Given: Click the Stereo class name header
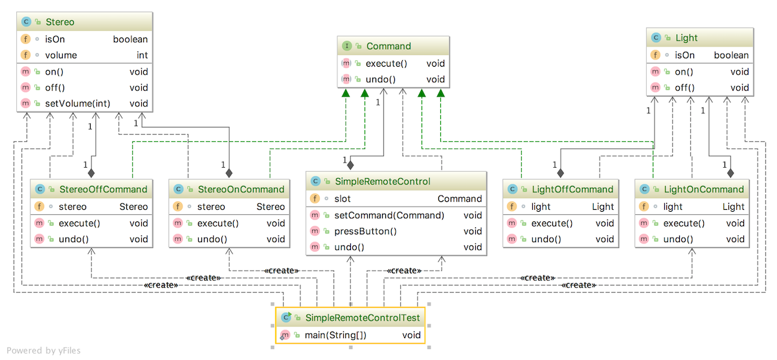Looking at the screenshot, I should pyautogui.click(x=60, y=22).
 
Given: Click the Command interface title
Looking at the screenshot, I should pyautogui.click(x=388, y=46).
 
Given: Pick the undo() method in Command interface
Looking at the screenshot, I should pyautogui.click(x=381, y=80).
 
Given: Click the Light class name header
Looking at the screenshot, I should pyautogui.click(x=686, y=38).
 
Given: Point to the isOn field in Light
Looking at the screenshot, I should pyautogui.click(x=684, y=56).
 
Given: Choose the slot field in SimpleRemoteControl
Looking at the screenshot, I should pyautogui.click(x=343, y=199).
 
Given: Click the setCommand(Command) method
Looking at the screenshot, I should pyautogui.click(x=389, y=215).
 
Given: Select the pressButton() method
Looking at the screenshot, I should pyautogui.click(x=365, y=231).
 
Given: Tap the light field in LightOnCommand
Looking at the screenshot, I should pyautogui.click(x=673, y=207).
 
